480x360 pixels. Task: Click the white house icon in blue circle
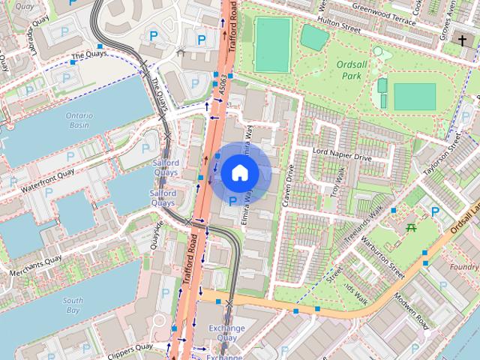[238, 172]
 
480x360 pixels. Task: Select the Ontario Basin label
[79, 121]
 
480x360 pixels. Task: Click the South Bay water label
[73, 304]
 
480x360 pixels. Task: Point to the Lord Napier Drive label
[341, 157]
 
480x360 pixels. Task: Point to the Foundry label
[464, 266]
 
